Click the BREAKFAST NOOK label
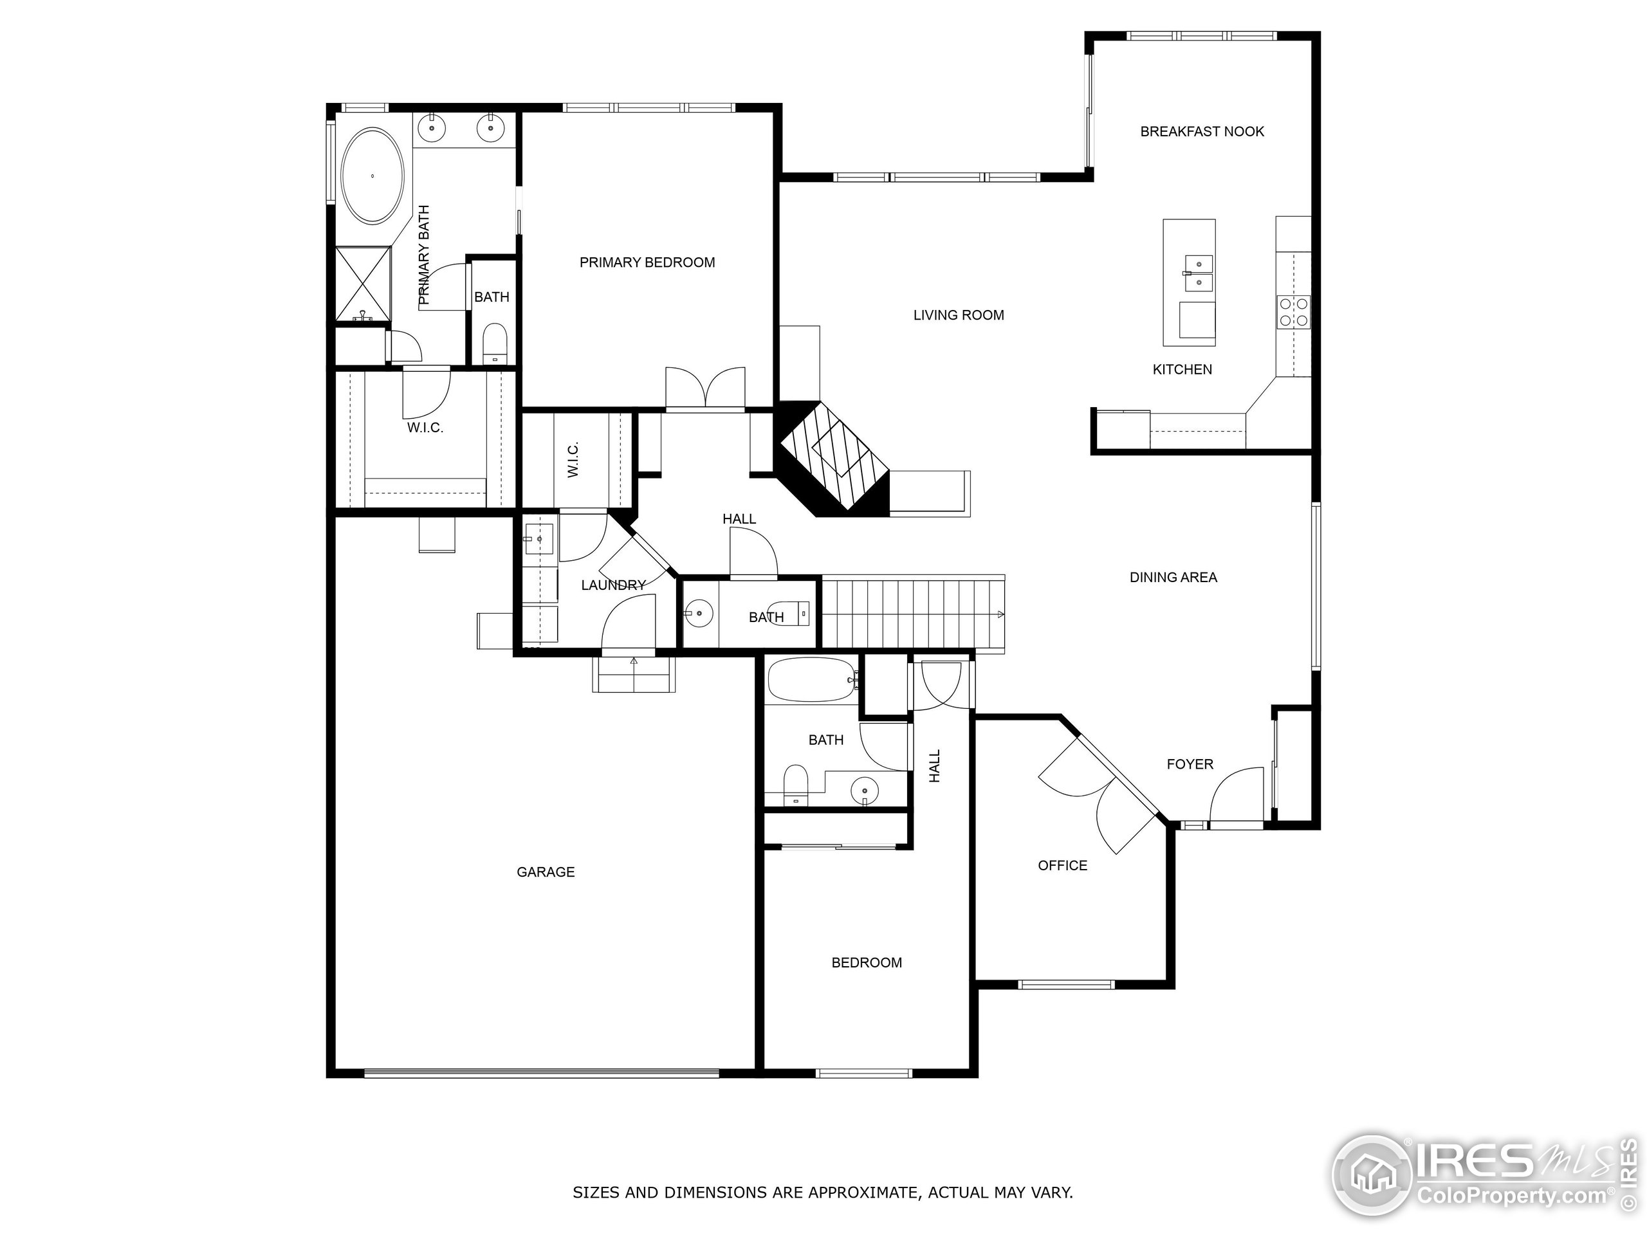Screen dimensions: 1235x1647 tap(1202, 132)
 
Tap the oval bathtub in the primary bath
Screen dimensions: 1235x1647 tap(373, 176)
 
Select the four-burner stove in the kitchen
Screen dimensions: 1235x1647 tap(1293, 312)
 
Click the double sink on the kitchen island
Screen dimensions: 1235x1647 tap(1198, 273)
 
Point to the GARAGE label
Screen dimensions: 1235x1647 tap(545, 872)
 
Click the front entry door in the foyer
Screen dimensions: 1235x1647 tap(1236, 796)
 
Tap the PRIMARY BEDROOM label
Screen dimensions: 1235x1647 tap(647, 262)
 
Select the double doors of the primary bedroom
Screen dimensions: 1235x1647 tap(705, 389)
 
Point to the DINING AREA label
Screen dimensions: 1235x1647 tap(1173, 577)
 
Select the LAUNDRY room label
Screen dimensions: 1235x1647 tap(612, 585)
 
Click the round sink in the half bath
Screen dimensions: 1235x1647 tap(699, 614)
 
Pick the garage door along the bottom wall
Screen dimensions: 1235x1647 tap(541, 1073)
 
